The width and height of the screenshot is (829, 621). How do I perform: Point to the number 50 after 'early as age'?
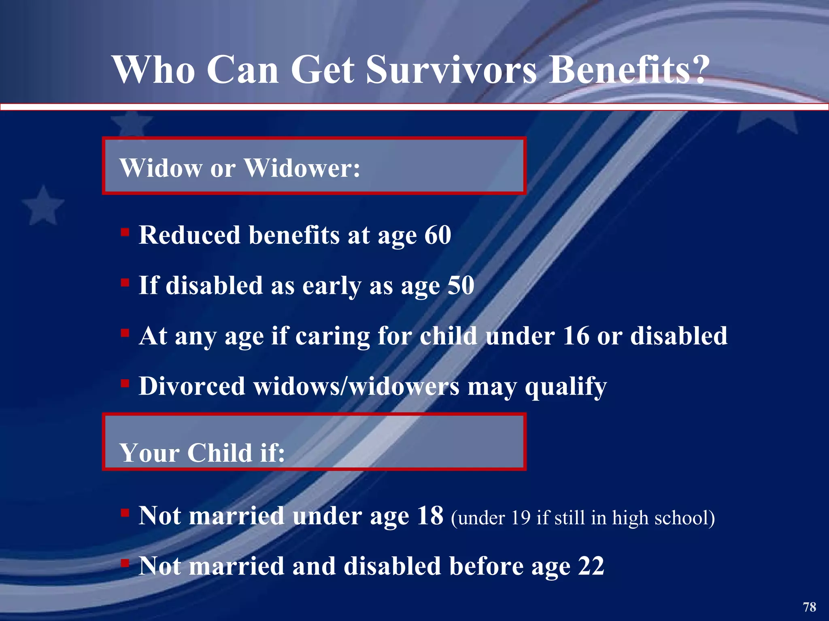point(461,285)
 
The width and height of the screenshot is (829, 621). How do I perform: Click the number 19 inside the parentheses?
point(520,518)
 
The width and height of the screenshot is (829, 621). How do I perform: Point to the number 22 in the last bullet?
point(591,566)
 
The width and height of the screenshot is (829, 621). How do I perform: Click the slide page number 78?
point(809,607)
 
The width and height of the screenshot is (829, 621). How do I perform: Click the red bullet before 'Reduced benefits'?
point(125,232)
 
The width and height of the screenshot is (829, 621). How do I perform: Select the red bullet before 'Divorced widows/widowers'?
point(125,383)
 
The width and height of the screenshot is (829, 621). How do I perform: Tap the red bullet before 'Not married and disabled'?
point(125,563)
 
